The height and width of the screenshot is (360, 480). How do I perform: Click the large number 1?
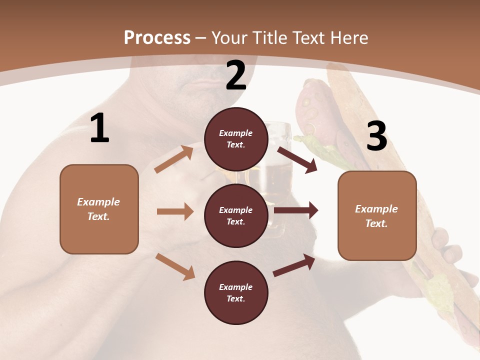(99, 128)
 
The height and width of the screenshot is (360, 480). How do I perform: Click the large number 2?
(236, 75)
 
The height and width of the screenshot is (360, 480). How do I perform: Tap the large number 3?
(376, 136)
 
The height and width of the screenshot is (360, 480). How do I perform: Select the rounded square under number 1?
(99, 209)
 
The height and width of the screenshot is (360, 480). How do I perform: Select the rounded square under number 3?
(377, 216)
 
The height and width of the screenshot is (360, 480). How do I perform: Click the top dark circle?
(236, 139)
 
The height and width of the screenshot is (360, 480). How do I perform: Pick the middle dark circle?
(236, 215)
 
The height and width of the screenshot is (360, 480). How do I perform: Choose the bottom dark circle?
(236, 292)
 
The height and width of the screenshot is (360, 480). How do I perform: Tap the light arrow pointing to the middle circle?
(175, 211)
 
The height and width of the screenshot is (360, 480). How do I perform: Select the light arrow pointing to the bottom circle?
(175, 266)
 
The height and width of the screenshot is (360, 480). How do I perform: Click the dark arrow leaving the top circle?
(297, 159)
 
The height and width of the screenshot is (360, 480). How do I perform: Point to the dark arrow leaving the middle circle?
(296, 210)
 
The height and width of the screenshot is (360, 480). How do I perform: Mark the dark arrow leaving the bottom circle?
(294, 265)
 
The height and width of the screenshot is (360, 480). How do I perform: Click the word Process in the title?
(157, 37)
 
